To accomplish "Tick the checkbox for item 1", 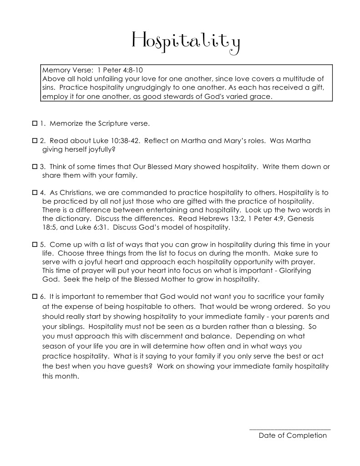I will click(35, 123).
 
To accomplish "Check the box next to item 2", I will click(35, 141).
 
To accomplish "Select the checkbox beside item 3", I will click(35, 167).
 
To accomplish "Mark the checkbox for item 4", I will click(35, 193).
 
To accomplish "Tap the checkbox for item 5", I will click(35, 245).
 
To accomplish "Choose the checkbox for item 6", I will click(35, 297).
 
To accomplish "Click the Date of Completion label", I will click(293, 435).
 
